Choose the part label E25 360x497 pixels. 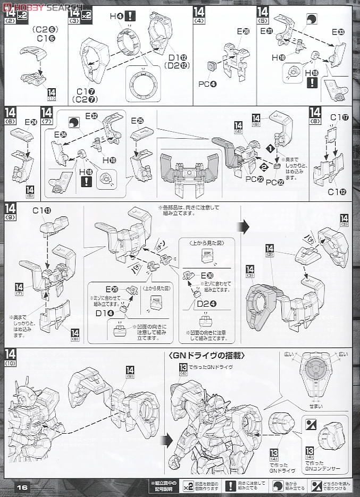pyautogui.click(x=137, y=121)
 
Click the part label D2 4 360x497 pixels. pyautogui.click(x=204, y=304)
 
